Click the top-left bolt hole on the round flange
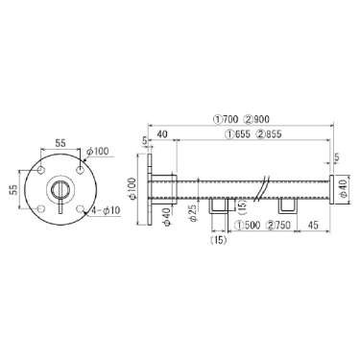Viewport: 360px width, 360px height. (x=41, y=170)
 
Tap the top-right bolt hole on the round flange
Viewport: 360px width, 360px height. (x=80, y=170)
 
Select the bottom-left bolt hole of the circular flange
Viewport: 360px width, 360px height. (x=41, y=208)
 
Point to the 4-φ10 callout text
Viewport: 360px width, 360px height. (x=106, y=210)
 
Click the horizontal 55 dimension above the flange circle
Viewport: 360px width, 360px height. (x=60, y=143)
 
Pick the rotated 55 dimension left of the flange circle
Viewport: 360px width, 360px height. (x=13, y=189)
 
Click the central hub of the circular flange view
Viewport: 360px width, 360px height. (x=60, y=189)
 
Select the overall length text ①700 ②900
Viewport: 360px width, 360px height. (x=242, y=119)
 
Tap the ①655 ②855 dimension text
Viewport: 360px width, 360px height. (x=253, y=134)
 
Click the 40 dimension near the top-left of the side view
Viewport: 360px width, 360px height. (x=162, y=134)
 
